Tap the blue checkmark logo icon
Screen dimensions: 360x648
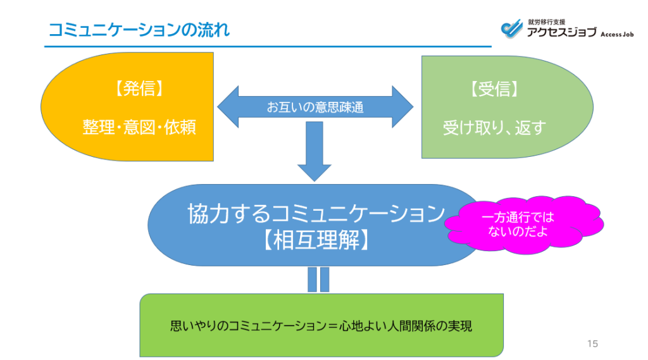tap(510, 28)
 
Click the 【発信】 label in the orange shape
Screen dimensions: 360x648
tap(139, 90)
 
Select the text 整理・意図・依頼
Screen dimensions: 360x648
tap(139, 127)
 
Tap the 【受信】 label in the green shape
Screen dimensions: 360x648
tap(494, 90)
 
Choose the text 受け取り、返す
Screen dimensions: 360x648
tap(494, 127)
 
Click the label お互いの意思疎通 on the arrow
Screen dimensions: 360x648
tap(315, 108)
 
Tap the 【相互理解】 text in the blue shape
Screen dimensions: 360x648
tap(315, 240)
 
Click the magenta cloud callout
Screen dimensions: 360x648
tap(523, 225)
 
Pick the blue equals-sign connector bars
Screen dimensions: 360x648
tap(318, 279)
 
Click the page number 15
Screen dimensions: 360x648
tap(592, 344)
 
